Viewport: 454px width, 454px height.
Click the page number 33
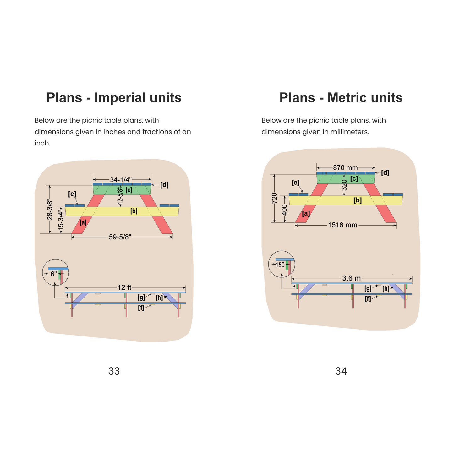click(114, 371)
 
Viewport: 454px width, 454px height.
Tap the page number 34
click(341, 371)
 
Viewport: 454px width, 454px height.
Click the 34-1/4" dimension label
click(121, 180)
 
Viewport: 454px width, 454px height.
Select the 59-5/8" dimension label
click(120, 237)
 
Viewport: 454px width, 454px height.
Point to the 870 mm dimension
click(345, 168)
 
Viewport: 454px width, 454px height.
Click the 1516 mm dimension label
click(342, 225)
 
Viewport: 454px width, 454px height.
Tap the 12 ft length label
click(124, 287)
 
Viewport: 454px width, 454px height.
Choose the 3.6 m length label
click(352, 278)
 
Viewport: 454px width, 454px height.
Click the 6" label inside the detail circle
click(54, 274)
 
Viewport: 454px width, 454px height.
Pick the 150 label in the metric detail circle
click(280, 265)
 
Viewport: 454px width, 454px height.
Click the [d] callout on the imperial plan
click(164, 185)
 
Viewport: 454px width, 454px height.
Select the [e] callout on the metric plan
click(295, 183)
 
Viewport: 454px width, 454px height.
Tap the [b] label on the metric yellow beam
click(358, 200)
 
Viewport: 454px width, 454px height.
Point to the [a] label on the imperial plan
click(83, 222)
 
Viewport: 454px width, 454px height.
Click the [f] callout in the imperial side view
click(141, 308)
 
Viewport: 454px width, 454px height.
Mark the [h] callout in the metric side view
click(386, 289)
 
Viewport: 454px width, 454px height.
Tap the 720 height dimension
click(274, 198)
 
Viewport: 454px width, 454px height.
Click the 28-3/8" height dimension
click(50, 209)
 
